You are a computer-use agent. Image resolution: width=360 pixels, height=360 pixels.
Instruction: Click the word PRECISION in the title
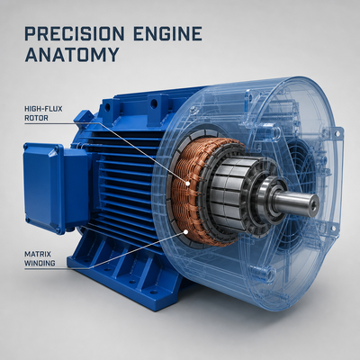pyautogui.click(x=74, y=33)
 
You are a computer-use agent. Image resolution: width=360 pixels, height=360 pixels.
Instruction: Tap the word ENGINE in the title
pyautogui.click(x=167, y=33)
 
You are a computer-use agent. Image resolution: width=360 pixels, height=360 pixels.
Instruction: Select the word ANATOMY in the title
pyautogui.click(x=72, y=55)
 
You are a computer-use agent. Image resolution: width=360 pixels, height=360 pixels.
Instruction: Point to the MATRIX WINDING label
pyautogui.click(x=40, y=259)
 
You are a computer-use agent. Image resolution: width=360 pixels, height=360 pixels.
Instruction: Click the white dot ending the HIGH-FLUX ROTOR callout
pyautogui.click(x=187, y=184)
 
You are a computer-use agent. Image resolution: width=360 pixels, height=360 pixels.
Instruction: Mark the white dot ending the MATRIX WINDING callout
pyautogui.click(x=186, y=231)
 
